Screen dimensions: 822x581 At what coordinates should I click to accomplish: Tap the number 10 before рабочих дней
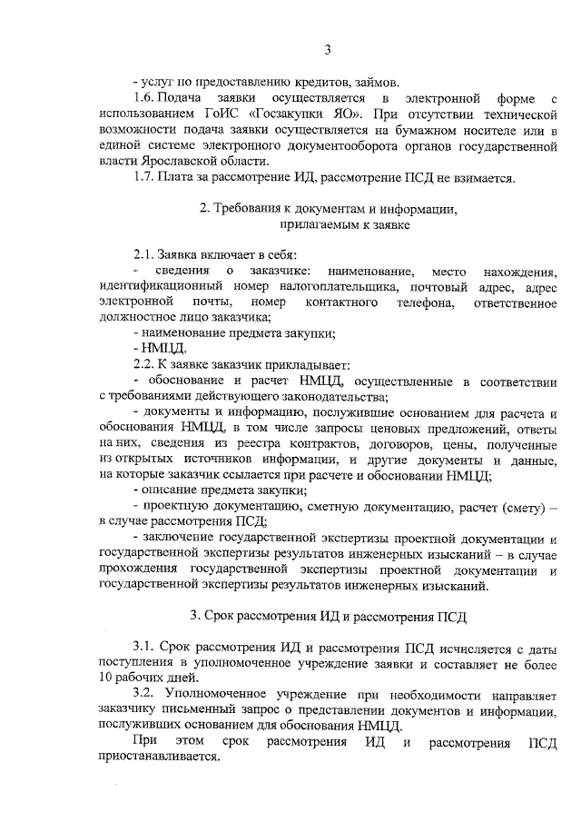click(106, 677)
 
